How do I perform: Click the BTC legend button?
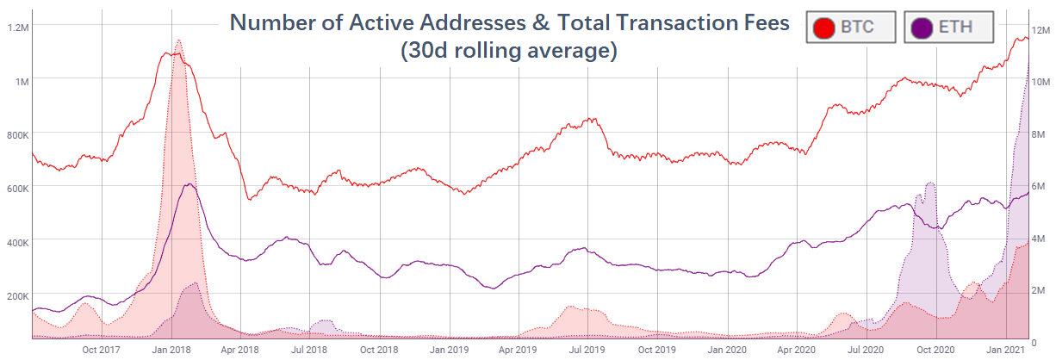pos(851,27)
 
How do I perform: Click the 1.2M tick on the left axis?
pos(18,28)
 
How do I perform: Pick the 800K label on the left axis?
pos(17,135)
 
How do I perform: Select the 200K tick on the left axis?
pos(17,295)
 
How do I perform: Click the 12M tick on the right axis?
pos(1041,31)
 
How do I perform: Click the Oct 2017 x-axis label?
pos(101,351)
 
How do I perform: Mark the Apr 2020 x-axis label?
pos(796,351)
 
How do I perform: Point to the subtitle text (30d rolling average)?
pos(509,52)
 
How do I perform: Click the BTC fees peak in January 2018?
pos(178,40)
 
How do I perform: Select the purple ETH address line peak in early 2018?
pos(189,184)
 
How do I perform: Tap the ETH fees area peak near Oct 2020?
pos(929,183)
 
